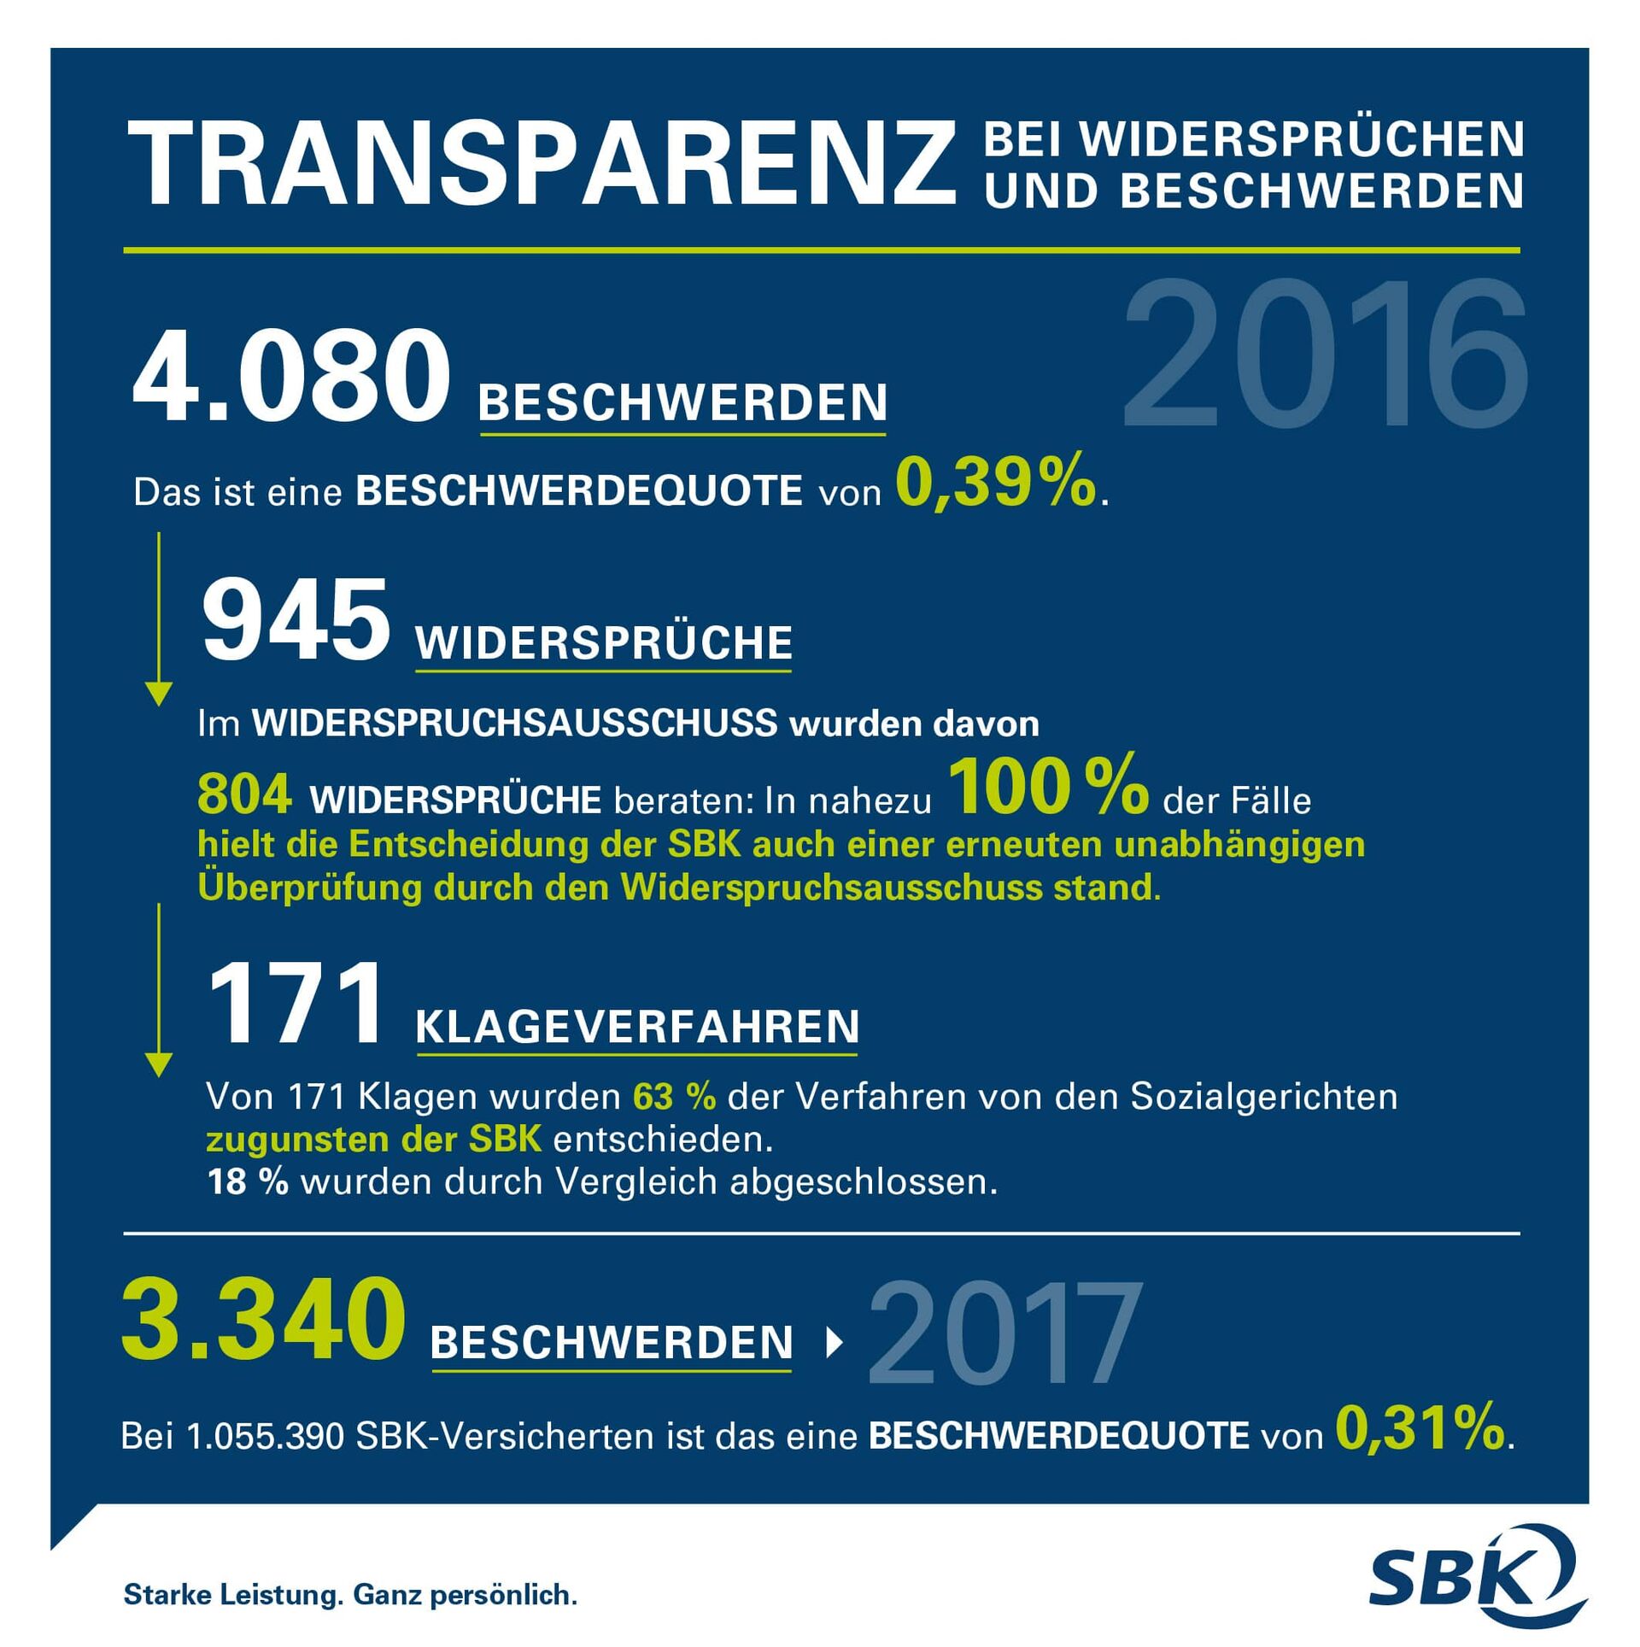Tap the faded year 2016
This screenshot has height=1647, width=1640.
(1325, 354)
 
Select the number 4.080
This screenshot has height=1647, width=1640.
(291, 377)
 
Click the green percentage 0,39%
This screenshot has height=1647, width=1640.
(995, 483)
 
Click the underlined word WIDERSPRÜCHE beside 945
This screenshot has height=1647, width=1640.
(604, 643)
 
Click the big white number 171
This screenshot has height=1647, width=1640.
(295, 1003)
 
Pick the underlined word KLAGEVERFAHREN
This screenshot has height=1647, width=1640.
(637, 1027)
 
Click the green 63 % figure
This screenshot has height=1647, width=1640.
(674, 1097)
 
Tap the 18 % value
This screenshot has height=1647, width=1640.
(248, 1182)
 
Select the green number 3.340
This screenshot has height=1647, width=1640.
(263, 1320)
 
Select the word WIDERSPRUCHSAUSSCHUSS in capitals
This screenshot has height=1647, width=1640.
(514, 724)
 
